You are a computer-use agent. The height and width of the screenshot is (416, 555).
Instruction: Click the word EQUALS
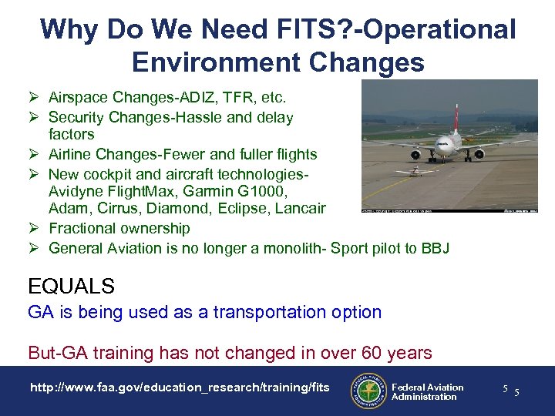(x=71, y=287)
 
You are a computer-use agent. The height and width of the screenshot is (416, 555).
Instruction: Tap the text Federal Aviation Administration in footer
(x=427, y=392)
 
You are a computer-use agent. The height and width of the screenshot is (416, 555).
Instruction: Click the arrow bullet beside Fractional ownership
(x=34, y=228)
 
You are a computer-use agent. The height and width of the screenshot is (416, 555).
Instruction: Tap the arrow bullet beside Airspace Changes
(x=34, y=97)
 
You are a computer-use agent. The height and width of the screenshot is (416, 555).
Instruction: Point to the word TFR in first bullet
(x=230, y=98)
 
